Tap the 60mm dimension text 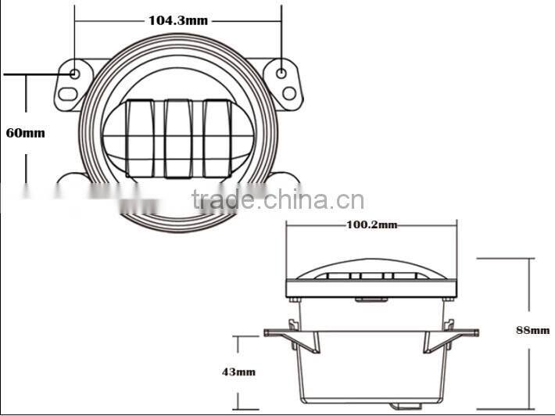click(26, 132)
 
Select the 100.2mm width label click(371, 225)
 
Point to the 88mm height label click(533, 330)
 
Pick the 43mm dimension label click(238, 372)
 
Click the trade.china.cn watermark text click(277, 200)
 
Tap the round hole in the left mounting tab click(75, 74)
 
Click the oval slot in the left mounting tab click(69, 95)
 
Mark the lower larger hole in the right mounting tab click(288, 93)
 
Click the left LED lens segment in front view click(138, 138)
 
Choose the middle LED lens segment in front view click(178, 138)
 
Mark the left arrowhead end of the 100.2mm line click(288, 225)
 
